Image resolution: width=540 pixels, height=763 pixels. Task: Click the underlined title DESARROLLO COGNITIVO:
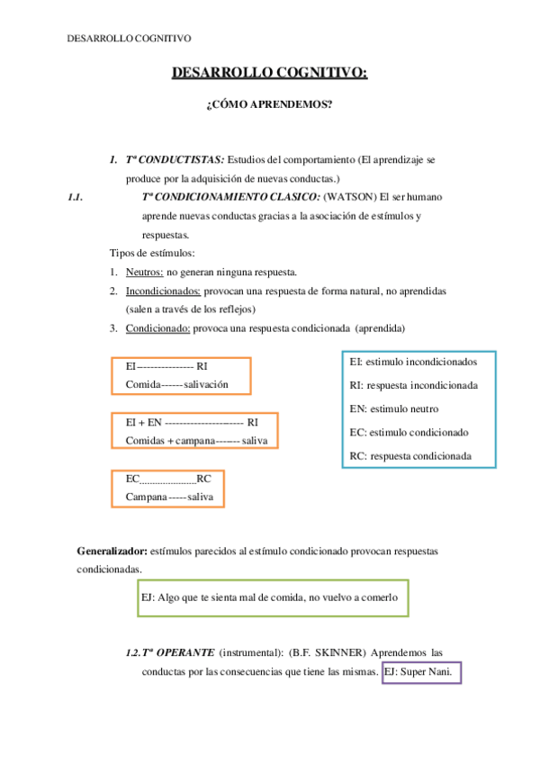(269, 73)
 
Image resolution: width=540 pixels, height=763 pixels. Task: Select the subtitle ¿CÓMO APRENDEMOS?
(269, 105)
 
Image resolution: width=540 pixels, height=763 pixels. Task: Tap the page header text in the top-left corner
(130, 38)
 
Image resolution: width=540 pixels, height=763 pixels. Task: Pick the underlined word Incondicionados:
(163, 291)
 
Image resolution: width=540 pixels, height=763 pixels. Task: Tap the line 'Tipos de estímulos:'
(152, 253)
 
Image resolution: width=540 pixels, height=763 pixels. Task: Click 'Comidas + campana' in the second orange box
(169, 440)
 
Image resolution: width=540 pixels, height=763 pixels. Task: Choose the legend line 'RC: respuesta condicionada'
(410, 455)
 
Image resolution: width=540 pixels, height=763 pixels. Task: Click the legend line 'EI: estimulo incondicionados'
(412, 362)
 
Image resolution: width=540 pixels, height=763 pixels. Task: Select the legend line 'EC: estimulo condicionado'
(409, 432)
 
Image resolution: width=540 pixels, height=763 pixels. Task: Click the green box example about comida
(273, 597)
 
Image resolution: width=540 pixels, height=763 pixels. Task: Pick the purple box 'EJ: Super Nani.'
(421, 671)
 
